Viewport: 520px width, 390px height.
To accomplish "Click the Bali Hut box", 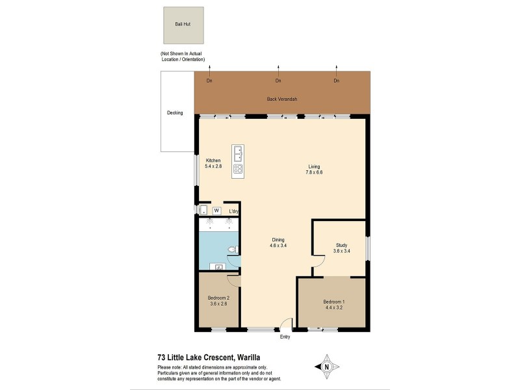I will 183,25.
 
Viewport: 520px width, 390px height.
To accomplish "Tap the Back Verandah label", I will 282,99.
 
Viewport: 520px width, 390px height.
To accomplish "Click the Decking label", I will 175,113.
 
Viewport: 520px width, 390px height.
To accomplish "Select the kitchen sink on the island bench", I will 238,153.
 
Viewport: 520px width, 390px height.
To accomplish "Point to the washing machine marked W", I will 216,211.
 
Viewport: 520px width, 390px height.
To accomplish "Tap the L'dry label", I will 234,212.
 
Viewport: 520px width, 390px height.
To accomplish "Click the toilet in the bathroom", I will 233,250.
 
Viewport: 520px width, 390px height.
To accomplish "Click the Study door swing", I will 318,261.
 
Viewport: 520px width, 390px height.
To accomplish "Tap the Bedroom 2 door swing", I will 233,280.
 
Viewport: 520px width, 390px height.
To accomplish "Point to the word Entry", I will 285,337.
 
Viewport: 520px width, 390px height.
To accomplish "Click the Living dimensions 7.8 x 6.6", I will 315,173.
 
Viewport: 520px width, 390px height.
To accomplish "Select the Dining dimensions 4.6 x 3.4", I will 278,246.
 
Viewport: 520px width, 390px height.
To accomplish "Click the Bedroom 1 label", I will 334,302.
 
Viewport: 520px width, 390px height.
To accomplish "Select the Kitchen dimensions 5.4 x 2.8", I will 213,167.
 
